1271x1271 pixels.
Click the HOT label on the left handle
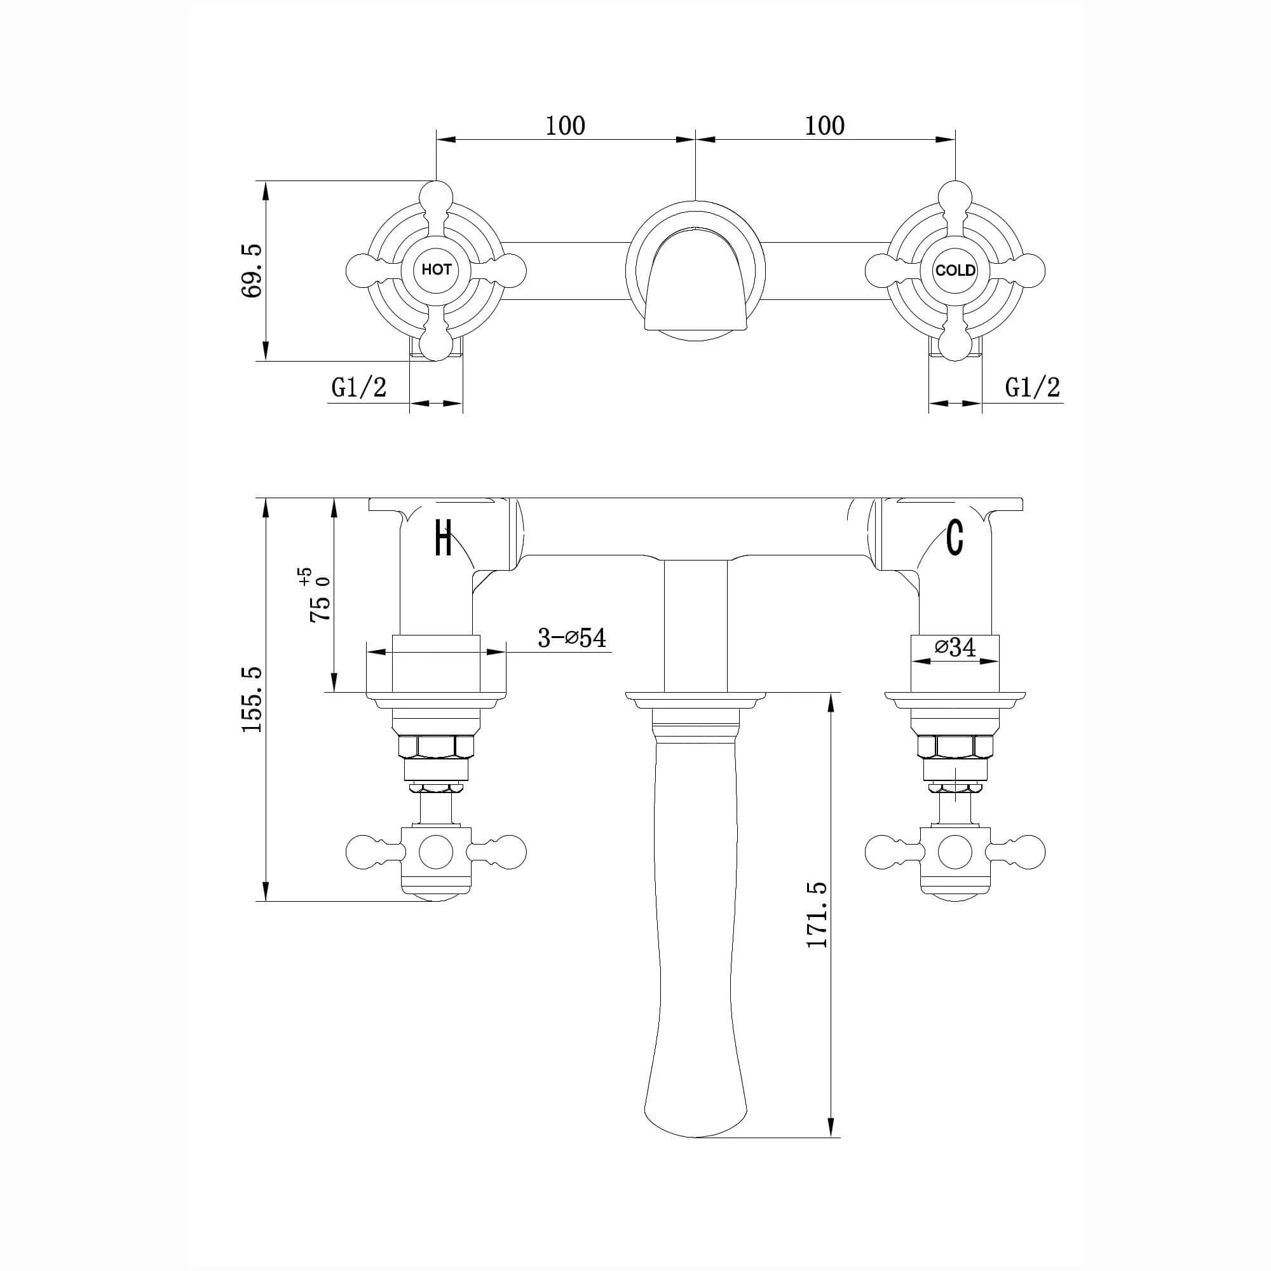[436, 269]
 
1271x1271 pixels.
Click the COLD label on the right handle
[955, 270]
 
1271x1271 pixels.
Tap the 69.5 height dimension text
[252, 270]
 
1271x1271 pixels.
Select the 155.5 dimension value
[252, 699]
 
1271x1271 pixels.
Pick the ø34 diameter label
[955, 648]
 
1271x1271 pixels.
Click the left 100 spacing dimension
[565, 125]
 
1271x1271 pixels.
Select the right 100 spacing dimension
[825, 125]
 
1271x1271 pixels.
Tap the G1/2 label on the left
[358, 388]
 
